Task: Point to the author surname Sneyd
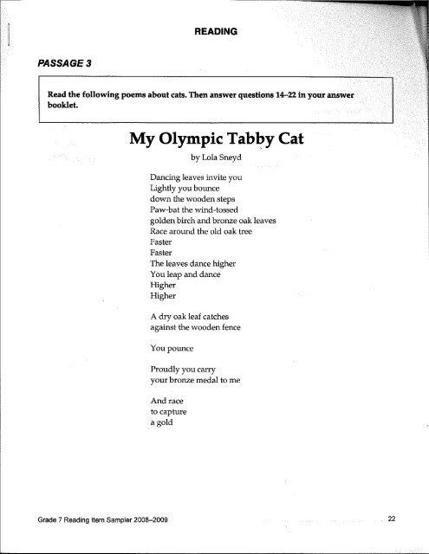tap(228, 158)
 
